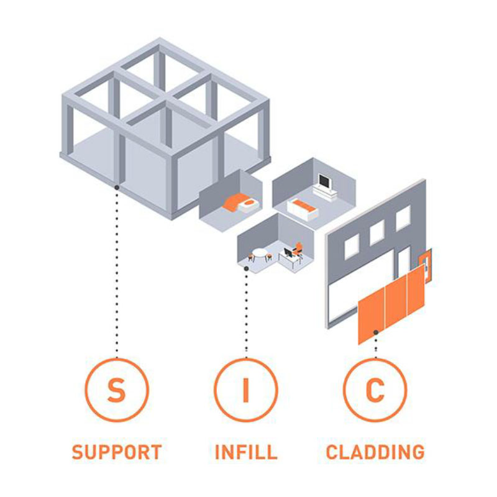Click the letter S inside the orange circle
116,390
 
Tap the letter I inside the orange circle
246,390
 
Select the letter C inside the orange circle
375,390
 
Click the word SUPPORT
117,452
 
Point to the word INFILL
246,452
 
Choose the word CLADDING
375,452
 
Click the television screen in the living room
324,181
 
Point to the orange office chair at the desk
298,248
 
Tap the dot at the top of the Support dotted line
117,186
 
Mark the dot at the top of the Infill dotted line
247,268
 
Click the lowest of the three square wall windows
352,247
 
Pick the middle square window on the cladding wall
377,232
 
